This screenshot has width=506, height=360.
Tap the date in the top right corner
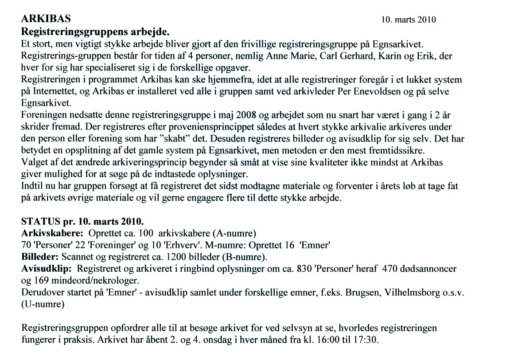(409, 20)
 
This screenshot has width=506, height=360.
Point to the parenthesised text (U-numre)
(43, 305)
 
